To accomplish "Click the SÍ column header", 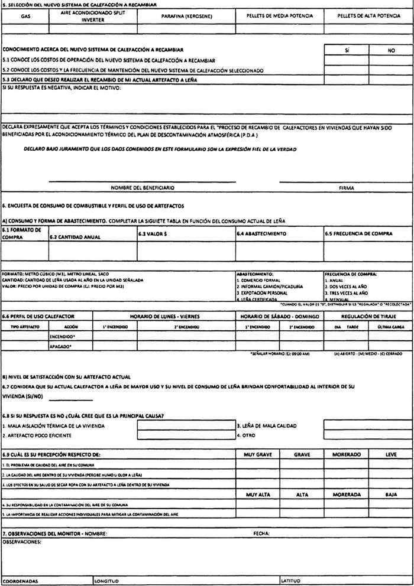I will (346, 51).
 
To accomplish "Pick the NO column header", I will (391, 51).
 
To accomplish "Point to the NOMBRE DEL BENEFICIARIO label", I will (143, 187).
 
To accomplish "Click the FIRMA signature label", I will (347, 187).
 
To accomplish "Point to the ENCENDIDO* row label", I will (62, 336).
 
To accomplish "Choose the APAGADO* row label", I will (60, 347).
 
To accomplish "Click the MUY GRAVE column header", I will (257, 454).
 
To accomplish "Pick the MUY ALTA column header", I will (257, 494).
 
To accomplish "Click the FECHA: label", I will (261, 533).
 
